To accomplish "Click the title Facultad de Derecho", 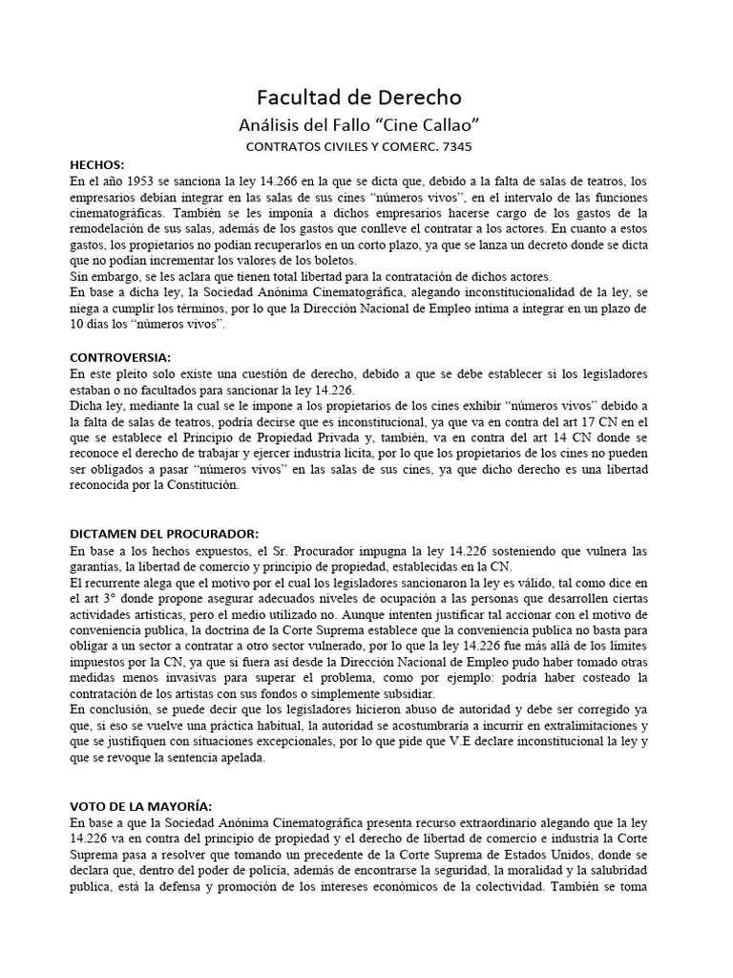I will pyautogui.click(x=359, y=97).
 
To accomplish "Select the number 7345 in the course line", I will pyautogui.click(x=451, y=147).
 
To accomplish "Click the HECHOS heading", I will pyautogui.click(x=98, y=164).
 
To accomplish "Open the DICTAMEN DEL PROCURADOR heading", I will pyautogui.click(x=164, y=533).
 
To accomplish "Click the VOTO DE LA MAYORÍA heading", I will pyautogui.click(x=142, y=805).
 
